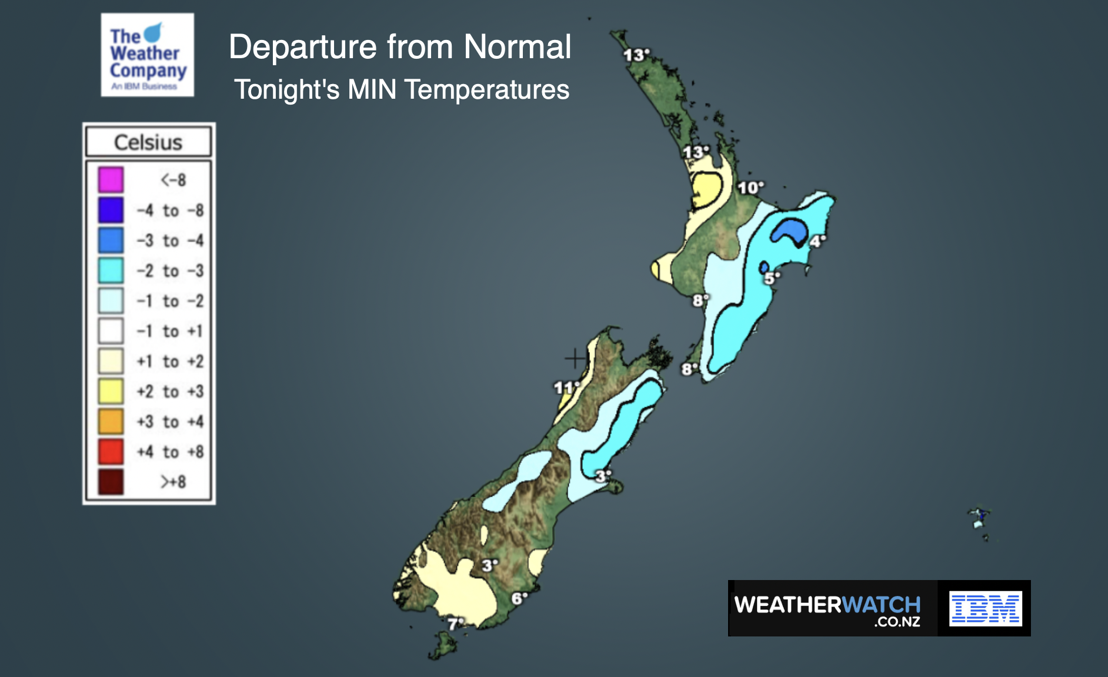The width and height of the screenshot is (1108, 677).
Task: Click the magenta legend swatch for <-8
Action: click(x=111, y=180)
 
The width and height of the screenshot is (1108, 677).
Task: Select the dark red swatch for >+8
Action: click(x=111, y=482)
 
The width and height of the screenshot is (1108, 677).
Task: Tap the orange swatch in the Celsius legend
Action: click(x=111, y=421)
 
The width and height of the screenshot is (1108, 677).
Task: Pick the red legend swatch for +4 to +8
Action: click(x=111, y=451)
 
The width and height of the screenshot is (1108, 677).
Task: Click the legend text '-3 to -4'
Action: click(x=170, y=240)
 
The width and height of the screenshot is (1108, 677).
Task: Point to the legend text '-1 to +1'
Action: click(x=170, y=331)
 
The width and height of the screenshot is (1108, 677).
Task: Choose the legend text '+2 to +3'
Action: click(x=170, y=391)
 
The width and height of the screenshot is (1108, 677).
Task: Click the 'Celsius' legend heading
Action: click(x=148, y=142)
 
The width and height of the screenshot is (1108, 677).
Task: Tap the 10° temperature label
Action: click(x=750, y=187)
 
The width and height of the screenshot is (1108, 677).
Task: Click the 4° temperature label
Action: click(x=817, y=241)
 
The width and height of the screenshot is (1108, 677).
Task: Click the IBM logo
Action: click(x=985, y=608)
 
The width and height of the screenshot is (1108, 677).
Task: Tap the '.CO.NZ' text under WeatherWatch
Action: click(x=896, y=622)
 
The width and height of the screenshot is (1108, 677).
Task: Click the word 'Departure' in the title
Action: click(x=302, y=47)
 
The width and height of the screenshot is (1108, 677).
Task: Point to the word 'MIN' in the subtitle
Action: click(x=372, y=90)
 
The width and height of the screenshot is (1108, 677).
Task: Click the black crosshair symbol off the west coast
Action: click(x=575, y=357)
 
